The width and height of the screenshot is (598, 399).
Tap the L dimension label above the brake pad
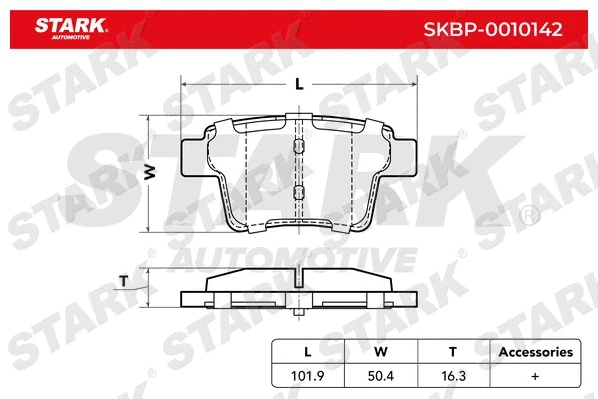tap(299, 84)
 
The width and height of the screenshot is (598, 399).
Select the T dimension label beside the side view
tap(123, 280)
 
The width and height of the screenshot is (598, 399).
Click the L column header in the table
tap(308, 352)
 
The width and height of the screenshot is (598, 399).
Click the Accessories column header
tap(535, 352)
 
